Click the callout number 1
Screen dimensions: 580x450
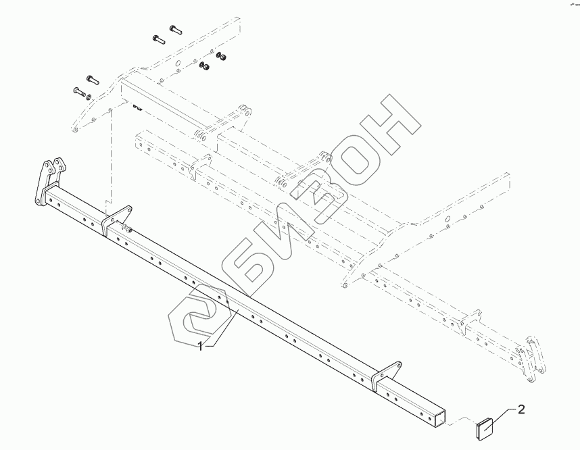point(201,345)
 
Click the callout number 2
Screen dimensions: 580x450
point(521,408)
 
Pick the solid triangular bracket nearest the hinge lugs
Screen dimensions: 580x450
point(116,218)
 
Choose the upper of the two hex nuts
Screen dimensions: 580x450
point(220,57)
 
